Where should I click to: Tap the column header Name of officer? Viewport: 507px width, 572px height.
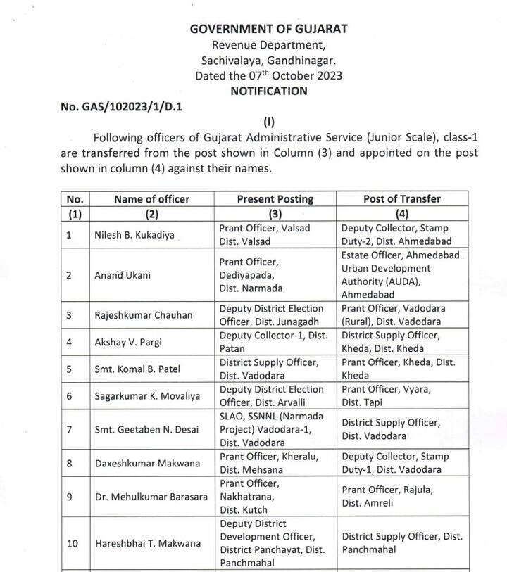(151, 199)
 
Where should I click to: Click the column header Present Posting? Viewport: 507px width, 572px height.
(275, 199)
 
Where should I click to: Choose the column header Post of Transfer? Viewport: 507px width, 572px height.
(402, 199)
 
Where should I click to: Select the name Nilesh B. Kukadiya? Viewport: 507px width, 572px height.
(134, 235)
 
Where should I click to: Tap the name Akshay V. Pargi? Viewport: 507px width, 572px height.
(127, 342)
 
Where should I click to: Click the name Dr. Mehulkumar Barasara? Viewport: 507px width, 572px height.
(151, 497)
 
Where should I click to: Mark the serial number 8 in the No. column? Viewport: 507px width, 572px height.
(68, 463)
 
